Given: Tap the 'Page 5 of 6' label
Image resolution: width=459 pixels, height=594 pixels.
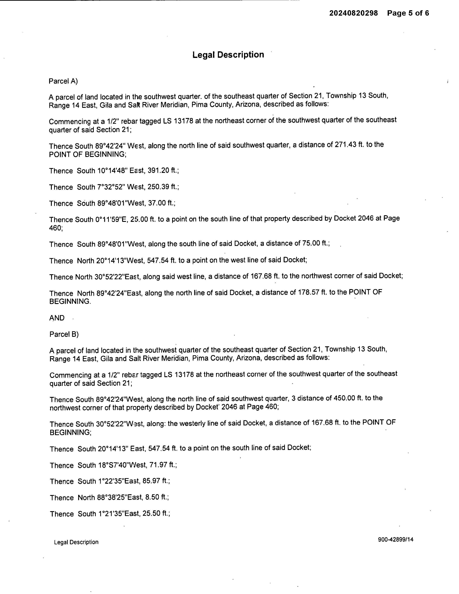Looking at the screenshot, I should click(x=408, y=13).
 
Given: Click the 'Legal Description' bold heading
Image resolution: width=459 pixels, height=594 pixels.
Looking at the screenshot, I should click(x=228, y=55).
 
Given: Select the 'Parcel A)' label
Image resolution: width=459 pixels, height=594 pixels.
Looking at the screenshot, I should click(x=63, y=81).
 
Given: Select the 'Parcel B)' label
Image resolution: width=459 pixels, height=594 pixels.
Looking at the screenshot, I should click(x=64, y=334).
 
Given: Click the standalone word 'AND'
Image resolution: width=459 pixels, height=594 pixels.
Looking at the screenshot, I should click(x=57, y=318).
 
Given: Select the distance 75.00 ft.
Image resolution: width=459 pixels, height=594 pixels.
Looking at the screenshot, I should click(x=316, y=243).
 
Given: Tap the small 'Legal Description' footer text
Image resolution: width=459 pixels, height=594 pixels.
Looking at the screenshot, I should click(x=76, y=542).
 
